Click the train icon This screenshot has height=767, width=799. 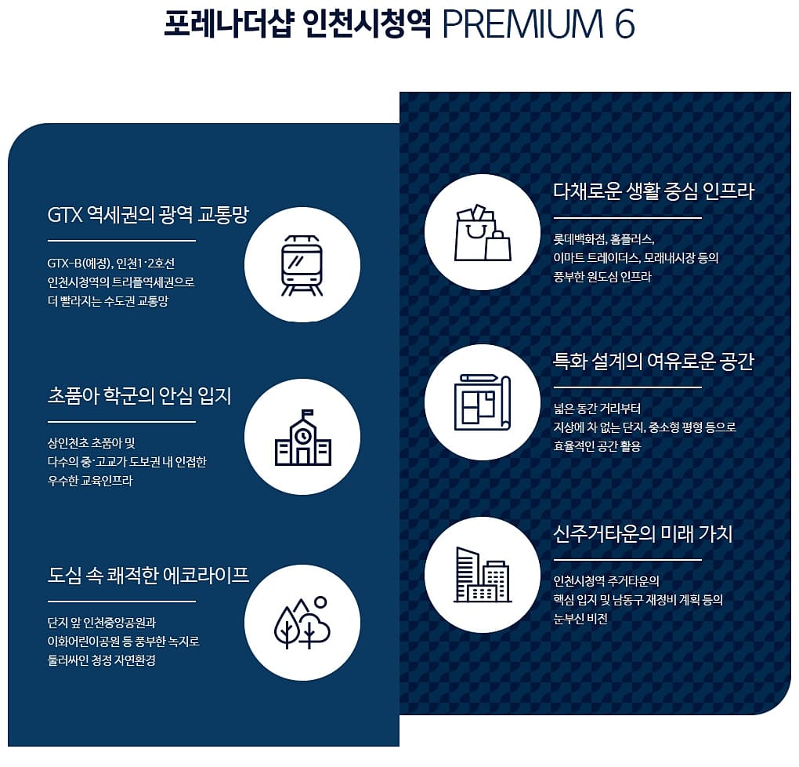(302, 264)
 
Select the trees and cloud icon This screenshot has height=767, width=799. (302, 623)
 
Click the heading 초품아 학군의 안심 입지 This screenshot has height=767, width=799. (139, 395)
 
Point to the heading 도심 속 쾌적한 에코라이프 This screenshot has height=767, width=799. (148, 575)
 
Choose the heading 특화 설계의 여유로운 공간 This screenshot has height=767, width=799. (653, 362)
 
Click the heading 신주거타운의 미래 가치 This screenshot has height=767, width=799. (642, 534)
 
